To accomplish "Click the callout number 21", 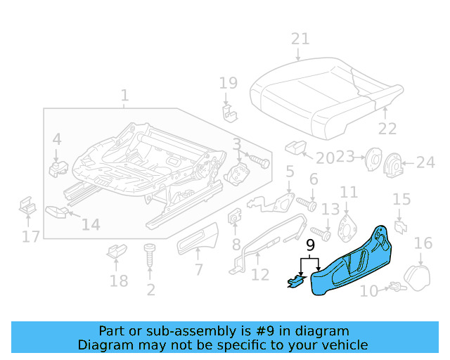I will click(300, 38).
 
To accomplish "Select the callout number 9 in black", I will click(310, 245).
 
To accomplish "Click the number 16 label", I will click(423, 243).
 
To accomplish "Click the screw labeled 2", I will click(150, 256).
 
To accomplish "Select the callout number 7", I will click(198, 269).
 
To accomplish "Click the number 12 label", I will click(260, 275).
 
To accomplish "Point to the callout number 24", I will click(425, 163).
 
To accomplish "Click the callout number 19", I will click(229, 83).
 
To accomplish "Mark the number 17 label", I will click(30, 237).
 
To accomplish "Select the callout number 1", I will click(124, 95).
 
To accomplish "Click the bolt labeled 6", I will click(307, 203).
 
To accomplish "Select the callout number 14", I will click(91, 225).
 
